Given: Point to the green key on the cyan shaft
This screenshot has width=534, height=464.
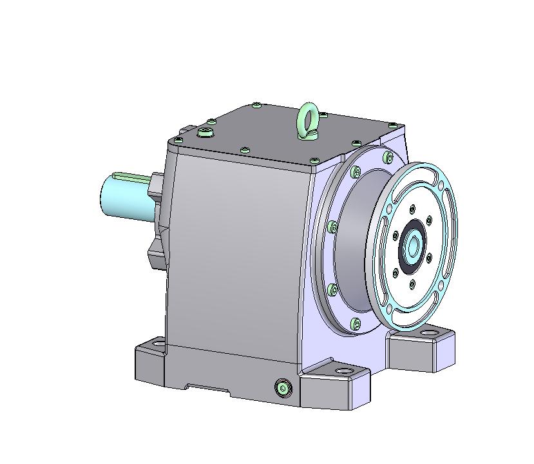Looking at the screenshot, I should (132, 175).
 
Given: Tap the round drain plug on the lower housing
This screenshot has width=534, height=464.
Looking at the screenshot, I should (283, 387).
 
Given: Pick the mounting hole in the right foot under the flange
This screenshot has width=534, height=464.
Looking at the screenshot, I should (428, 334).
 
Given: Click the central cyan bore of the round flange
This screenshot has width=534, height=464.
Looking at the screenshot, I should (412, 246).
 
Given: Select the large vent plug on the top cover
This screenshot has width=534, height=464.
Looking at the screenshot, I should (205, 132).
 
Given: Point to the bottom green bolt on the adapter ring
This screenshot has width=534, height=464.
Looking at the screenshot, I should (357, 322).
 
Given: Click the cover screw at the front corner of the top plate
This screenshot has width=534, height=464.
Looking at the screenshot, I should (314, 160).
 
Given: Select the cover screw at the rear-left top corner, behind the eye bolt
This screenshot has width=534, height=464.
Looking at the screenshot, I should (257, 104).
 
